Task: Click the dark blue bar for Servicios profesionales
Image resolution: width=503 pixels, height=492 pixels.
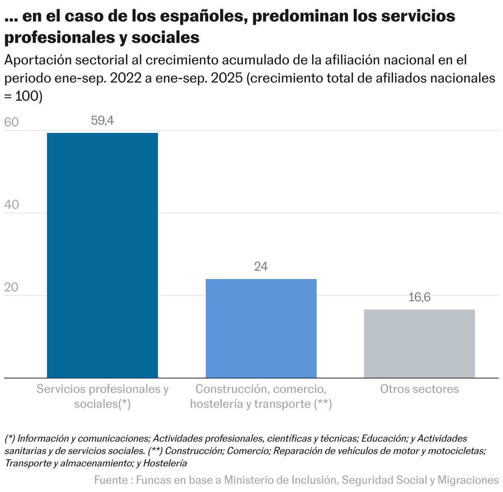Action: pyautogui.click(x=102, y=255)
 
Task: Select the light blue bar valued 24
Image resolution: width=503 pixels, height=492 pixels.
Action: pyautogui.click(x=261, y=328)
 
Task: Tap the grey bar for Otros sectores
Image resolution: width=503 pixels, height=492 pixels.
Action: pyautogui.click(x=419, y=343)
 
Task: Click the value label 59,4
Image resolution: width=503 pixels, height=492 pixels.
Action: pyautogui.click(x=102, y=121)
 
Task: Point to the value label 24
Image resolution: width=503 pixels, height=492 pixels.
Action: pyautogui.click(x=261, y=267)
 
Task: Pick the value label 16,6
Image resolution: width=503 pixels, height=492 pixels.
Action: pyautogui.click(x=419, y=297)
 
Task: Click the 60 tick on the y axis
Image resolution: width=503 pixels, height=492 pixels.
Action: pyautogui.click(x=12, y=123)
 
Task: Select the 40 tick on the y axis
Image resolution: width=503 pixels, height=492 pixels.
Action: pyautogui.click(x=12, y=205)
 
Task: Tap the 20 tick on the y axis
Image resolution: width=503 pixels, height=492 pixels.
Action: pyautogui.click(x=12, y=287)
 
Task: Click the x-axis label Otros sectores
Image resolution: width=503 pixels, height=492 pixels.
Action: pyautogui.click(x=419, y=389)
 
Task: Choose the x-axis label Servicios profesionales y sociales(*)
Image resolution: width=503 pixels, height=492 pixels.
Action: pyautogui.click(x=102, y=396)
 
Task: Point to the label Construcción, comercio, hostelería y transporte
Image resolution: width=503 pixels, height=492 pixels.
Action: pyautogui.click(x=261, y=396)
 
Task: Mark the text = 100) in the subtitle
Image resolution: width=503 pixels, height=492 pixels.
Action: pyautogui.click(x=24, y=96)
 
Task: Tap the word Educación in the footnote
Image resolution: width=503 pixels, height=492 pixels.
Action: pyautogui.click(x=384, y=438)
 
